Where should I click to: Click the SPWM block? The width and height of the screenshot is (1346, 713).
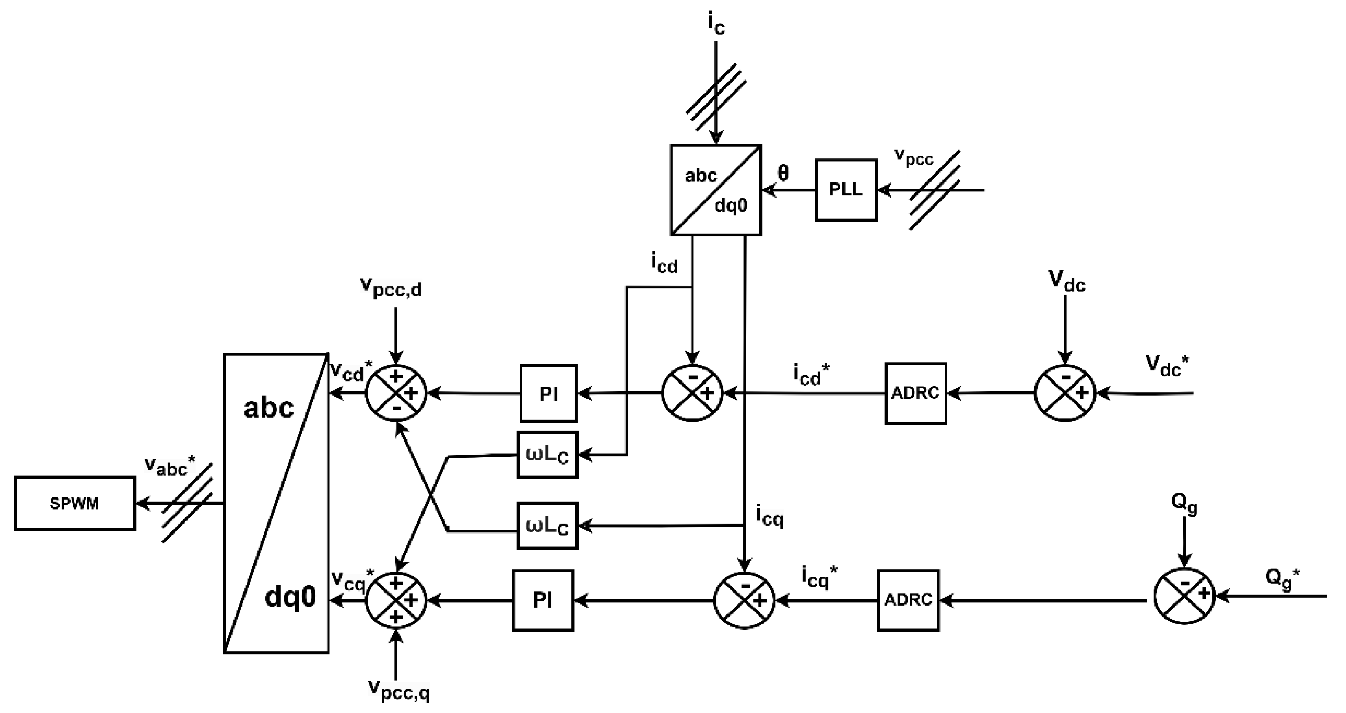click(74, 504)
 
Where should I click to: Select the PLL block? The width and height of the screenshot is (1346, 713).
click(846, 190)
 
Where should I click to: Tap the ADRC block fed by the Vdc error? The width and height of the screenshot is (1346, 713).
click(915, 393)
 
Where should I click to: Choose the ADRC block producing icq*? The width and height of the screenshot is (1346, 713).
click(908, 600)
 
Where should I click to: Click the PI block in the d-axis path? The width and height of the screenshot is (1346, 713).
click(548, 393)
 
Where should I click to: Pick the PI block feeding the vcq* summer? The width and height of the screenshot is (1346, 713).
click(543, 600)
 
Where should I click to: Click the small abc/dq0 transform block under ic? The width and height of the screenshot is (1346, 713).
click(716, 190)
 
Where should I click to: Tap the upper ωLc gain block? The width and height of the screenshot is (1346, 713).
click(547, 455)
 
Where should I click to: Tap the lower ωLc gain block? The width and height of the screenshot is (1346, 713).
click(547, 526)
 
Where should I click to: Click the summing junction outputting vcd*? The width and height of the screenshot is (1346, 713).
click(396, 393)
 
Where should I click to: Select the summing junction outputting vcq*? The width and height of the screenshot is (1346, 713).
click(396, 600)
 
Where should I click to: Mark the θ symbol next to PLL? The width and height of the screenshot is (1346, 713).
click(783, 173)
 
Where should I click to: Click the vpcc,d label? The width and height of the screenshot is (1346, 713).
click(391, 287)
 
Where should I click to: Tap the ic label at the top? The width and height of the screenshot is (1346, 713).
click(716, 24)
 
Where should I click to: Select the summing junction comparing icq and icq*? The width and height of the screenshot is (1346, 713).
click(744, 600)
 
